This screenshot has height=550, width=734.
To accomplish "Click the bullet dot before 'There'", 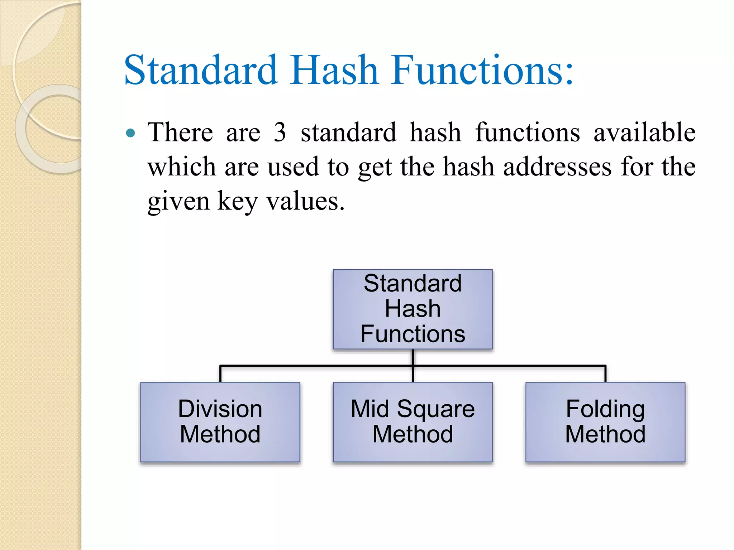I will point(131,134).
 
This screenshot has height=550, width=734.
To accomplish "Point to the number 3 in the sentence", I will point(280,132).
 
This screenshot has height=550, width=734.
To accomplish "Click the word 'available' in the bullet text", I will point(644,132).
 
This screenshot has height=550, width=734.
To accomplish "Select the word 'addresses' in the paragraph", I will point(557,167).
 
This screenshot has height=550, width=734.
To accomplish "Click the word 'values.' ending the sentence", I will point(305,201).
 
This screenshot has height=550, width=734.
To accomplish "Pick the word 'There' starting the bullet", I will point(180,132).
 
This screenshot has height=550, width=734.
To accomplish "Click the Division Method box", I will point(220,422).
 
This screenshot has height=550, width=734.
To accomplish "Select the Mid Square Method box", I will point(413,422).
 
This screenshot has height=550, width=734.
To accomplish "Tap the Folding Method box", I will point(605,422).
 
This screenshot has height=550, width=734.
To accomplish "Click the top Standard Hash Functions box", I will point(413,309).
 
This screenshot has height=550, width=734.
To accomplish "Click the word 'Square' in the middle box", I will point(436,409).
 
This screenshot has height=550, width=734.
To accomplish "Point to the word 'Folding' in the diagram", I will point(605,409).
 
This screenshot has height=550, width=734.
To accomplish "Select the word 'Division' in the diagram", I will point(220,409).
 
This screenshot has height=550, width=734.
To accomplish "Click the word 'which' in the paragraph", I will point(182,167).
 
